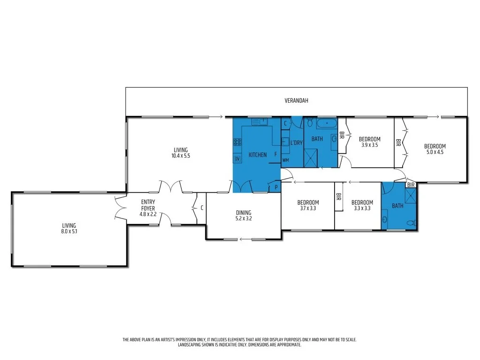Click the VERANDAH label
tap(297, 101)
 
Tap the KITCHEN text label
tap(258, 155)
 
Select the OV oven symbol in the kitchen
tap(237, 159)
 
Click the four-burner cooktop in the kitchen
tap(237, 142)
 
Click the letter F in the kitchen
tap(275, 154)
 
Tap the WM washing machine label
tap(285, 160)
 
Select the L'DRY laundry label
tap(296, 142)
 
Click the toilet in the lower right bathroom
tap(411, 223)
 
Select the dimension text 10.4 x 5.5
tap(181, 156)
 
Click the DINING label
tap(244, 212)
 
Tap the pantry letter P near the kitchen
tap(275, 187)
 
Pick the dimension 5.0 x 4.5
tap(434, 152)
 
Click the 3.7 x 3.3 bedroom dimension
tap(308, 209)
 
